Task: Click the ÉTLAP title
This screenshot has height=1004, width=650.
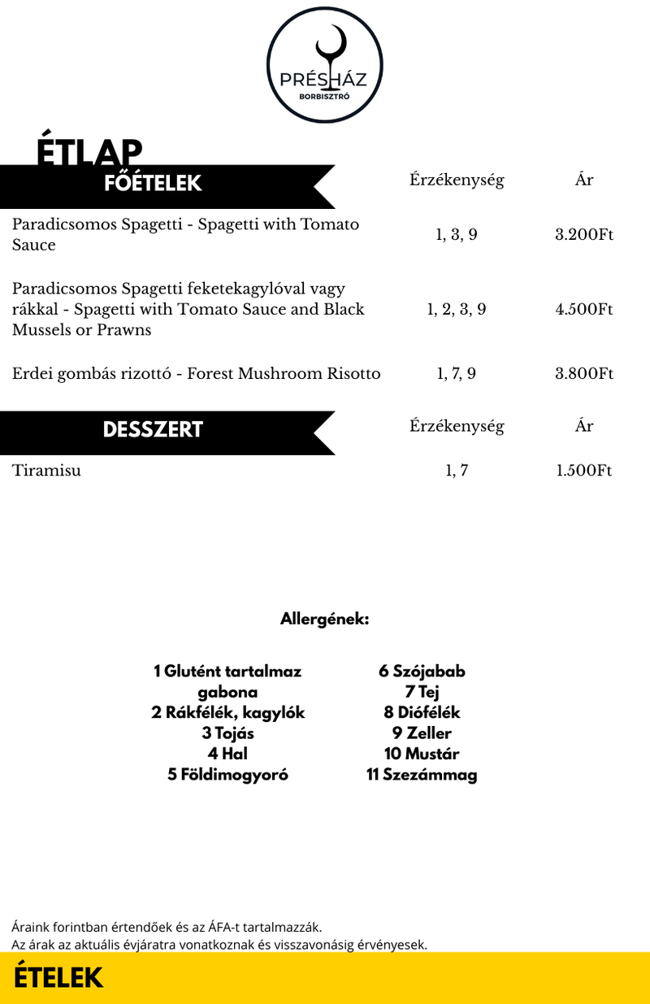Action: [89, 151]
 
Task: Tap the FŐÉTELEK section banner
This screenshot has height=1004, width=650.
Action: [153, 184]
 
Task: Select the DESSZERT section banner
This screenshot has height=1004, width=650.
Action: [153, 430]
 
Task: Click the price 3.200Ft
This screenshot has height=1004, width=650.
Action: [583, 235]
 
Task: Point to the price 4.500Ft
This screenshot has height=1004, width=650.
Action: [583, 309]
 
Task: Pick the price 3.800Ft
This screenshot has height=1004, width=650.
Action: [583, 374]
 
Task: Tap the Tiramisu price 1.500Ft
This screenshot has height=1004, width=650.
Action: [583, 471]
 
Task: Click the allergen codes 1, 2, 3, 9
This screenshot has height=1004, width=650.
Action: [457, 309]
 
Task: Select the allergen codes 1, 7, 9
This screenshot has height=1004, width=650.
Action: [457, 374]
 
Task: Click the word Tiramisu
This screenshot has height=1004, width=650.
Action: [46, 471]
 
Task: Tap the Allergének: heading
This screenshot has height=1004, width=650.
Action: [325, 619]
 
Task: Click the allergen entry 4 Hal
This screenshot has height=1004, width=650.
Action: [227, 754]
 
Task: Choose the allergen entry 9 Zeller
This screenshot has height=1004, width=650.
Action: [422, 733]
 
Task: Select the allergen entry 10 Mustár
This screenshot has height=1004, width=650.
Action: [422, 754]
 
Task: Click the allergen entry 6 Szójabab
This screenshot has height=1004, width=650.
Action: [422, 672]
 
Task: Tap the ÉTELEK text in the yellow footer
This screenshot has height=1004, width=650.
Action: [58, 978]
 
